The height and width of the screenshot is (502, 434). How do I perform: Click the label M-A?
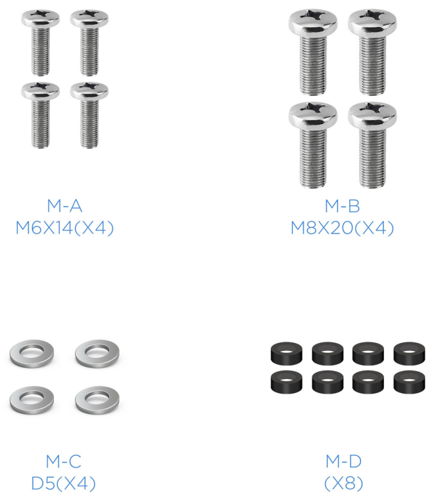coord(64,206)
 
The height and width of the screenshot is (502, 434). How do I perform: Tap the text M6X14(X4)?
coord(64,228)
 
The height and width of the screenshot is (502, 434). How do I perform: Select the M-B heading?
coord(342,206)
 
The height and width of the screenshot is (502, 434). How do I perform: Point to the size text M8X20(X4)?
coord(342,228)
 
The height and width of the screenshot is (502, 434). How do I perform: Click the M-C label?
coord(63,461)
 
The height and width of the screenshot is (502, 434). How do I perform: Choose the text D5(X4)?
coord(63,484)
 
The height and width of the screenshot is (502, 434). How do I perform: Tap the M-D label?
coord(343,461)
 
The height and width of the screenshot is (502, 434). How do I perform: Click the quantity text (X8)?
coord(344,484)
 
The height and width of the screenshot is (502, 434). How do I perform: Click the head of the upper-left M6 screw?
coord(40,18)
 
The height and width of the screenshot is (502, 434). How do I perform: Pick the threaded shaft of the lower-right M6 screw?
coord(89,124)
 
